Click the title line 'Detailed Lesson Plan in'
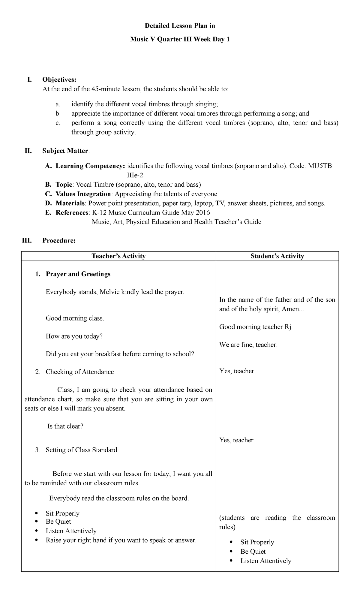[x=180, y=26]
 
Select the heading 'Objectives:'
[x=59, y=80]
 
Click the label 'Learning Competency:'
[x=90, y=166]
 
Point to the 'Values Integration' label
[x=83, y=194]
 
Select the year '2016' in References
[x=202, y=212]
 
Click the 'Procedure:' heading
[x=59, y=240]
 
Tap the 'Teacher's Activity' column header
[x=118, y=256]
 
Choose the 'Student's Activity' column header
[x=277, y=256]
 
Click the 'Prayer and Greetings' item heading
[x=78, y=274]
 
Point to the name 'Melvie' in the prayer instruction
[x=109, y=292]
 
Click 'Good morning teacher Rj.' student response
[x=256, y=327]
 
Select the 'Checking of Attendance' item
[x=80, y=372]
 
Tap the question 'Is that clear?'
[x=65, y=426]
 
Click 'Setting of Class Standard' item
[x=81, y=450]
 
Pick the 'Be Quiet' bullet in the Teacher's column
[x=58, y=521]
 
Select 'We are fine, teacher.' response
[x=248, y=345]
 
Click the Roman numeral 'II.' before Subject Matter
[x=28, y=151]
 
